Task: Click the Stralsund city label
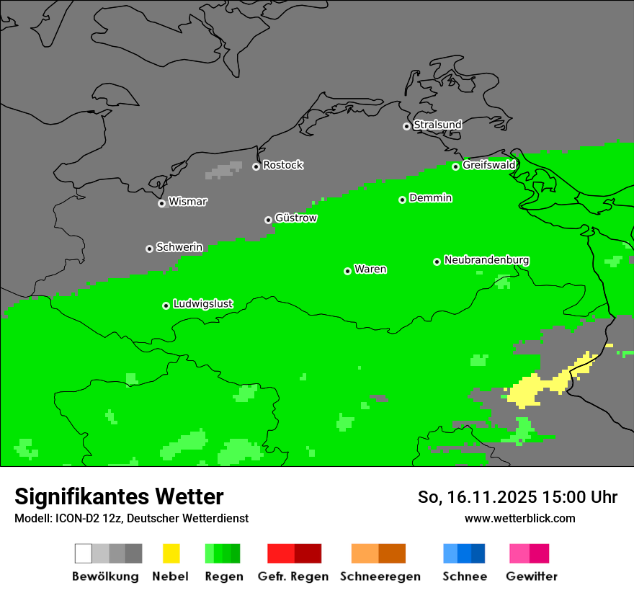437,125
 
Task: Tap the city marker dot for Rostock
256,166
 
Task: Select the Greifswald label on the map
488,165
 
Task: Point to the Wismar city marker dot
161,203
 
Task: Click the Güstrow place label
296,218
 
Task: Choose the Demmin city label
430,198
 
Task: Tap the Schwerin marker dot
149,249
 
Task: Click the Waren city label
370,269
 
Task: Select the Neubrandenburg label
486,260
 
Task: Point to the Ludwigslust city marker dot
166,305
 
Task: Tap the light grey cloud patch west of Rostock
225,171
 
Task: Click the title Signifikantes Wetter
119,496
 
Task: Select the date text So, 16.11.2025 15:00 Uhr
517,497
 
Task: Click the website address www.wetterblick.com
519,518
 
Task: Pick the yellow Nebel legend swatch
171,553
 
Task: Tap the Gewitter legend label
531,576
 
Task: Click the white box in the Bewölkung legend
83,553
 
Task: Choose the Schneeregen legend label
380,576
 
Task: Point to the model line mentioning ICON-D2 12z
131,518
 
